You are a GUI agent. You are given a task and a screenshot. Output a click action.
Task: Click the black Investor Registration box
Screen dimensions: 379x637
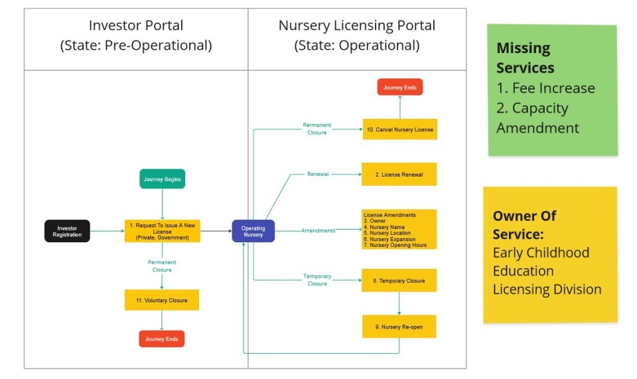pyautogui.click(x=67, y=231)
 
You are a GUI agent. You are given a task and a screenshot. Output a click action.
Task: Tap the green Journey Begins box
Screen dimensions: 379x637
pyautogui.click(x=162, y=179)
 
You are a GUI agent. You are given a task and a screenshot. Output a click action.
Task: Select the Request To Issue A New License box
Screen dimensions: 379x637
pyautogui.click(x=162, y=231)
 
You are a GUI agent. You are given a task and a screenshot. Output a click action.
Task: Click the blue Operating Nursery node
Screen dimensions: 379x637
pyautogui.click(x=253, y=231)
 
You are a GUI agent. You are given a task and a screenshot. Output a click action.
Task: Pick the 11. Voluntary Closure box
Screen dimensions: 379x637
pyautogui.click(x=162, y=300)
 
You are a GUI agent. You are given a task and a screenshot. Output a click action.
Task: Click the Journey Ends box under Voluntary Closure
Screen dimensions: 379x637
pyautogui.click(x=162, y=339)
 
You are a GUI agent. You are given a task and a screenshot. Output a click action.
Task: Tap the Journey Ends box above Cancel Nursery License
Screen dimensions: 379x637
pyautogui.click(x=400, y=87)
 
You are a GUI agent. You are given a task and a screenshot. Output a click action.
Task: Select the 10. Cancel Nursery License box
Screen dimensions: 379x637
pyautogui.click(x=400, y=129)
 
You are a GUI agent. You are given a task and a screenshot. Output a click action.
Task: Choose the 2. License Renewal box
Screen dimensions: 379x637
pyautogui.click(x=399, y=175)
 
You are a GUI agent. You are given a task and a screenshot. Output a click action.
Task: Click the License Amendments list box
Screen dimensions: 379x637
pyautogui.click(x=399, y=230)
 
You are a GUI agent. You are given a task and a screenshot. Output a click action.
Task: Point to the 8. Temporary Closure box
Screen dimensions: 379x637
pyautogui.click(x=399, y=281)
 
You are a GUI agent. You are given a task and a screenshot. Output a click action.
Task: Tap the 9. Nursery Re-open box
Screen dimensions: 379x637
pyautogui.click(x=399, y=327)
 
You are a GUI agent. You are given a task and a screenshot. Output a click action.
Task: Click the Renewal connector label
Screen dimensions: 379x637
pyautogui.click(x=317, y=175)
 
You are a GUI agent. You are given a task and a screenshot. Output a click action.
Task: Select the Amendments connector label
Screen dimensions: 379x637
pyautogui.click(x=318, y=230)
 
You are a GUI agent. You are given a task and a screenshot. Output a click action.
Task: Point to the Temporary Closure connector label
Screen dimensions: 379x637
pyautogui.click(x=317, y=280)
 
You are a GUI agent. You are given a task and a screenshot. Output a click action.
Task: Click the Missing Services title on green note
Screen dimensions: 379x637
pyautogui.click(x=525, y=58)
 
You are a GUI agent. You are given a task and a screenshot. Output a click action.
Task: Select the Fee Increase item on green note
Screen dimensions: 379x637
pyautogui.click(x=545, y=88)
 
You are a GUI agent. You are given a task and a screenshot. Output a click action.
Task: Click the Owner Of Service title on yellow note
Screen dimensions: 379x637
pyautogui.click(x=524, y=225)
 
